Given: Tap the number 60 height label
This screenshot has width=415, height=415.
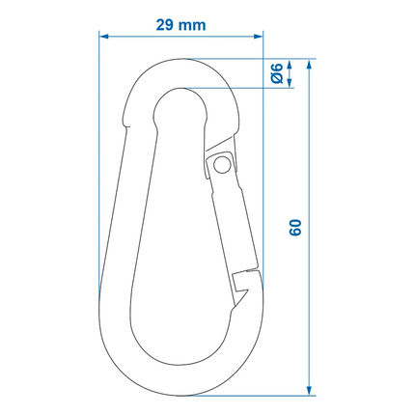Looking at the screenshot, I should point(296,228).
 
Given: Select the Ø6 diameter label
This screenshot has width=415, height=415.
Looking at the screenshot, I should point(278,73).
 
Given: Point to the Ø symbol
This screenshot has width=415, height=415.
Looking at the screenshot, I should point(278,78).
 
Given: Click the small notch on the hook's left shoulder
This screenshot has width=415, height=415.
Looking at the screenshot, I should point(126,120).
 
